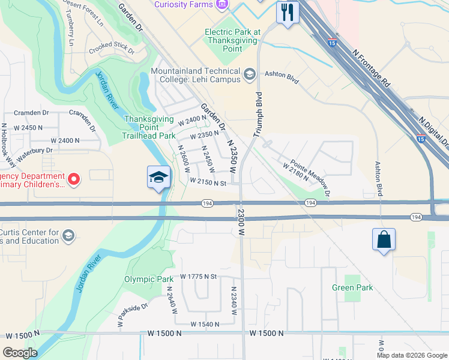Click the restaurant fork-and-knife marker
tap(288, 11)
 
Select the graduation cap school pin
tap(159, 177)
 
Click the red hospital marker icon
tap(74, 179)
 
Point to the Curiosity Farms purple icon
tap(223, 5)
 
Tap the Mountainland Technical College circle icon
tap(250, 76)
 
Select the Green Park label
tap(352, 287)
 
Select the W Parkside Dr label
tap(132, 316)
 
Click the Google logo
tap(20, 352)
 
